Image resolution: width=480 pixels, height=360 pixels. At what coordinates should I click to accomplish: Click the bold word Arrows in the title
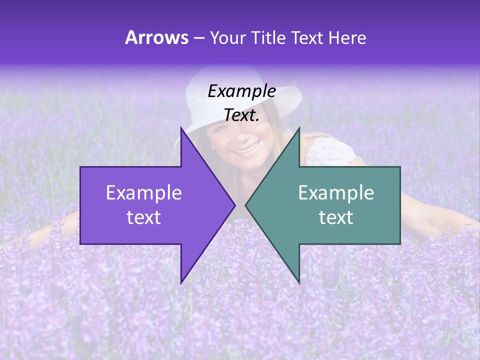pos(156,37)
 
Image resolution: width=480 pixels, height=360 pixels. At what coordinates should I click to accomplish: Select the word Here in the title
pos(347,38)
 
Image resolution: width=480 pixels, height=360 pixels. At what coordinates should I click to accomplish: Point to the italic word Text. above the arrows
pos(241,115)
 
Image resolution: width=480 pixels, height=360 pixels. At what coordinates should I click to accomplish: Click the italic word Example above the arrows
pos(241,91)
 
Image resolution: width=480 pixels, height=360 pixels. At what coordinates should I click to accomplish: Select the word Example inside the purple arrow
pos(144,192)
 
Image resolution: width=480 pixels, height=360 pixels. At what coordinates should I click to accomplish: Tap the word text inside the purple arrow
pos(144,217)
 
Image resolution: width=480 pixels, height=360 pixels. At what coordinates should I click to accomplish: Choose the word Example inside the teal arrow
pos(336,192)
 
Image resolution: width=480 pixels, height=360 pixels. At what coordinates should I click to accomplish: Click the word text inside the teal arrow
pos(336,217)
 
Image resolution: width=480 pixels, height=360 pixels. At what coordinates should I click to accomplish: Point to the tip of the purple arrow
pos(234,205)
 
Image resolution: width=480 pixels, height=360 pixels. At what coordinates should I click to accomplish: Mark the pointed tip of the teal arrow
pos(246,205)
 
